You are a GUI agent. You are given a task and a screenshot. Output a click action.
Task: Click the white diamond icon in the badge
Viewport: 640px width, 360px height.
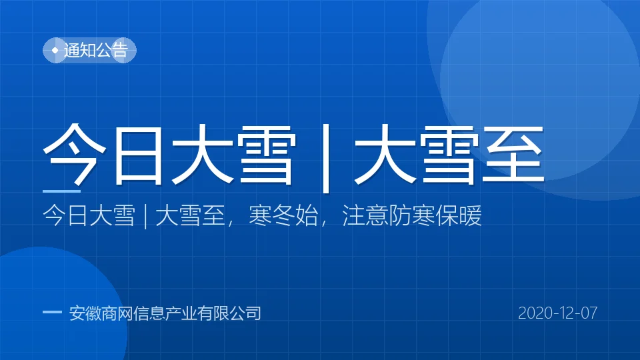tap(55, 50)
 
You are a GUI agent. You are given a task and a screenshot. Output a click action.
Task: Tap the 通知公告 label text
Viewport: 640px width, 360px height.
tap(96, 50)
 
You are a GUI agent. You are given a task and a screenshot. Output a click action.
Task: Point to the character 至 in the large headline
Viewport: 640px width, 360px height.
tap(513, 154)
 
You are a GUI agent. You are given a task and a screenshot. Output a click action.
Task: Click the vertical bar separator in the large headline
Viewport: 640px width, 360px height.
tap(326, 159)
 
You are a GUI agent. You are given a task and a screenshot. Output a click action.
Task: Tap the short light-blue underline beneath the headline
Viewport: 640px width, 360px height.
tap(61, 191)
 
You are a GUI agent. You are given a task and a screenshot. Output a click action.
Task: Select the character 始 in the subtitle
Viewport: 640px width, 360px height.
tap(307, 215)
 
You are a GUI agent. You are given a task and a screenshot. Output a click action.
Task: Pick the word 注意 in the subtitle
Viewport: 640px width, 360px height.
tap(365, 215)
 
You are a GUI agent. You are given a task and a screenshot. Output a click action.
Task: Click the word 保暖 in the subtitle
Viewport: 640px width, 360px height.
tap(459, 215)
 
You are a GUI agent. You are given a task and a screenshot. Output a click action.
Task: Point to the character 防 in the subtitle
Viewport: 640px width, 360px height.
tap(399, 215)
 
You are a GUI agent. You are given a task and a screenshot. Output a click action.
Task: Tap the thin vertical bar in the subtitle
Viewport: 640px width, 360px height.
tap(146, 216)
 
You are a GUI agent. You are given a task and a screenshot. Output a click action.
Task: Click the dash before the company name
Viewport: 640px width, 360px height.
tap(52, 312)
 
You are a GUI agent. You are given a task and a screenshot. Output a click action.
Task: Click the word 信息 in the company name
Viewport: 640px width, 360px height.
tap(149, 313)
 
